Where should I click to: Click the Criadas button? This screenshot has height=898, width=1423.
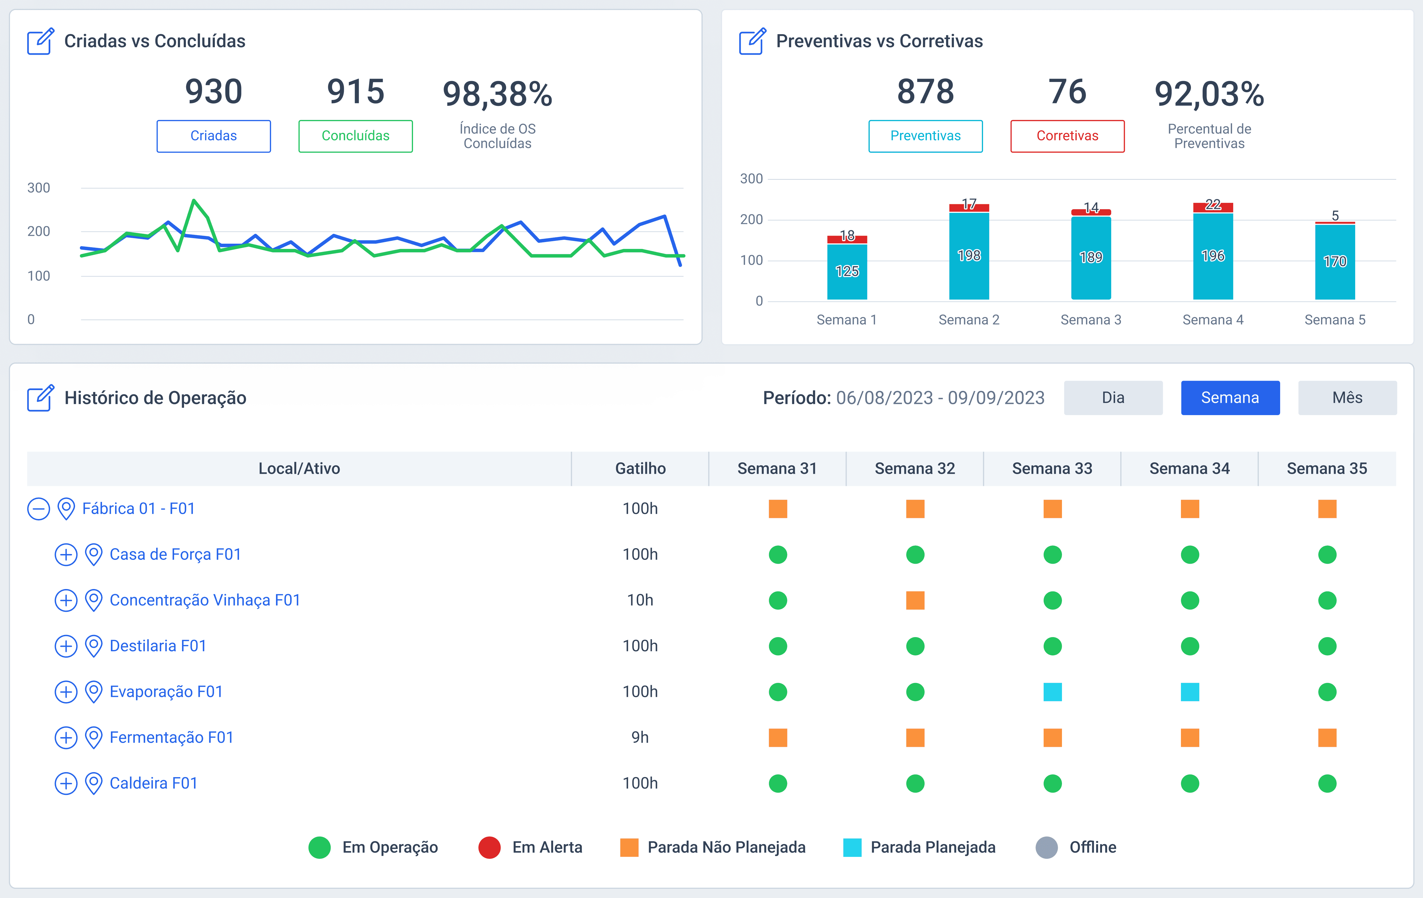213,136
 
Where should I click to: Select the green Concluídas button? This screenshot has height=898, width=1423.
355,136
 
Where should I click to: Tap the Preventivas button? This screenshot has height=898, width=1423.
926,136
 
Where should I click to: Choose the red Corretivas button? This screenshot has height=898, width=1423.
1067,136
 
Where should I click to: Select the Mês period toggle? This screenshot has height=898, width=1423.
1347,398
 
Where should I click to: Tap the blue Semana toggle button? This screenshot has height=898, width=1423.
1230,398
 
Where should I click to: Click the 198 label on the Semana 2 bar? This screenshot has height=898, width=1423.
969,255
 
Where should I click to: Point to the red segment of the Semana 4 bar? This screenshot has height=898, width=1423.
1213,207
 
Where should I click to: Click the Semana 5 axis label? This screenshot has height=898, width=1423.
1335,320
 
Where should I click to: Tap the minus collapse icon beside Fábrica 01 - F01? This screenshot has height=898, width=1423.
38,509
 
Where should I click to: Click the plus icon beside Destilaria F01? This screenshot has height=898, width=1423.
66,646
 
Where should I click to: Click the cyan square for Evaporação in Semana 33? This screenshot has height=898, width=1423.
1053,692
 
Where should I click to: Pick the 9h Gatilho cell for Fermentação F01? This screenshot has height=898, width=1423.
640,737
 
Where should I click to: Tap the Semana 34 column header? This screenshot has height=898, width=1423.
1190,468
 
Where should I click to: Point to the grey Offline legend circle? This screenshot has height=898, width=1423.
1047,847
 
